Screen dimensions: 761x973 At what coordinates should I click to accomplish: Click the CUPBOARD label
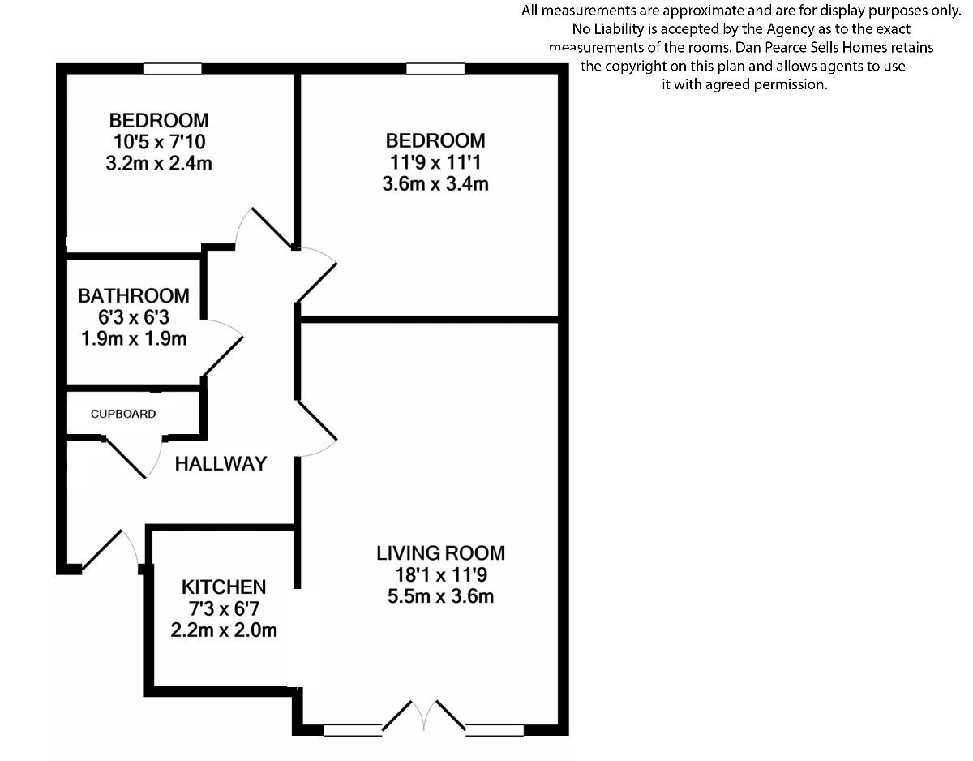click(x=123, y=414)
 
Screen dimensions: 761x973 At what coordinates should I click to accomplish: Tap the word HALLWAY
click(x=221, y=464)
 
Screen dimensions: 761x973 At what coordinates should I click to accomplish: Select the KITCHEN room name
click(x=224, y=587)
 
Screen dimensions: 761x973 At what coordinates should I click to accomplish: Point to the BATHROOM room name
click(x=134, y=296)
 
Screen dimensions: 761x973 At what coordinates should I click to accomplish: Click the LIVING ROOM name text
click(x=440, y=553)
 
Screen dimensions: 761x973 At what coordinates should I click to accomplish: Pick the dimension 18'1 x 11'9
click(x=440, y=575)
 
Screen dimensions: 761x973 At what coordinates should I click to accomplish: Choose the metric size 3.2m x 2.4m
click(x=159, y=163)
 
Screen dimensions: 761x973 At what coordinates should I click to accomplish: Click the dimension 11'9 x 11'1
click(x=435, y=162)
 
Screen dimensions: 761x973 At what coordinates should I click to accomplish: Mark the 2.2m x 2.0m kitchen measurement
click(x=224, y=630)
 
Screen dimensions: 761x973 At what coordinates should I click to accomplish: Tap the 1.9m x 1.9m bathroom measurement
click(x=134, y=338)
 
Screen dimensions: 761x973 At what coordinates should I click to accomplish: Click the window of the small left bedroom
click(x=172, y=69)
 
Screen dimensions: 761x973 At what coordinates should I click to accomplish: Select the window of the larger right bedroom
click(x=435, y=69)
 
